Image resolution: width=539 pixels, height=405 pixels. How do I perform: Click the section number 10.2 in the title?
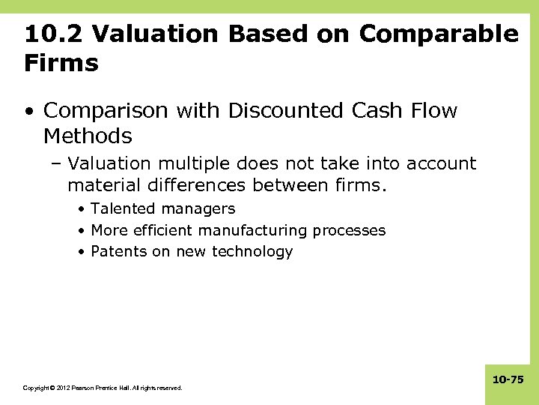click(x=51, y=34)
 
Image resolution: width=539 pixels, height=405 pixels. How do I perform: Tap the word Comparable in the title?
click(x=438, y=34)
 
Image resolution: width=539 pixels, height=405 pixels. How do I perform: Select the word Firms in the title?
click(x=61, y=63)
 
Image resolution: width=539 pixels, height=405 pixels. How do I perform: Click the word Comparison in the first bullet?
click(x=107, y=111)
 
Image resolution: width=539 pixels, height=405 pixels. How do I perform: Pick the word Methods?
click(x=88, y=136)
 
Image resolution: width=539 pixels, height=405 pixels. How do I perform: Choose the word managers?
click(x=198, y=209)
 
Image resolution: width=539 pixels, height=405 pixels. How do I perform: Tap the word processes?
click(x=349, y=230)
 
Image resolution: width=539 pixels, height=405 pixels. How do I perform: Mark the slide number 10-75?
click(x=508, y=380)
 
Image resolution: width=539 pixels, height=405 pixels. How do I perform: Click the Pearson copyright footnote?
click(x=103, y=388)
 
